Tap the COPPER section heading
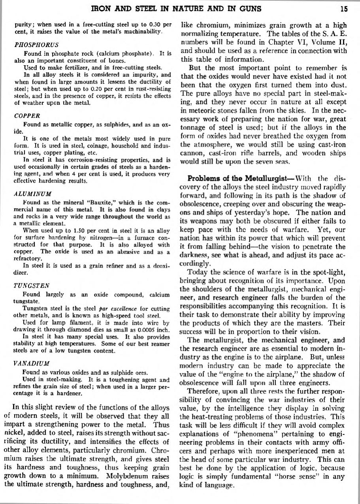[x=27, y=116]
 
